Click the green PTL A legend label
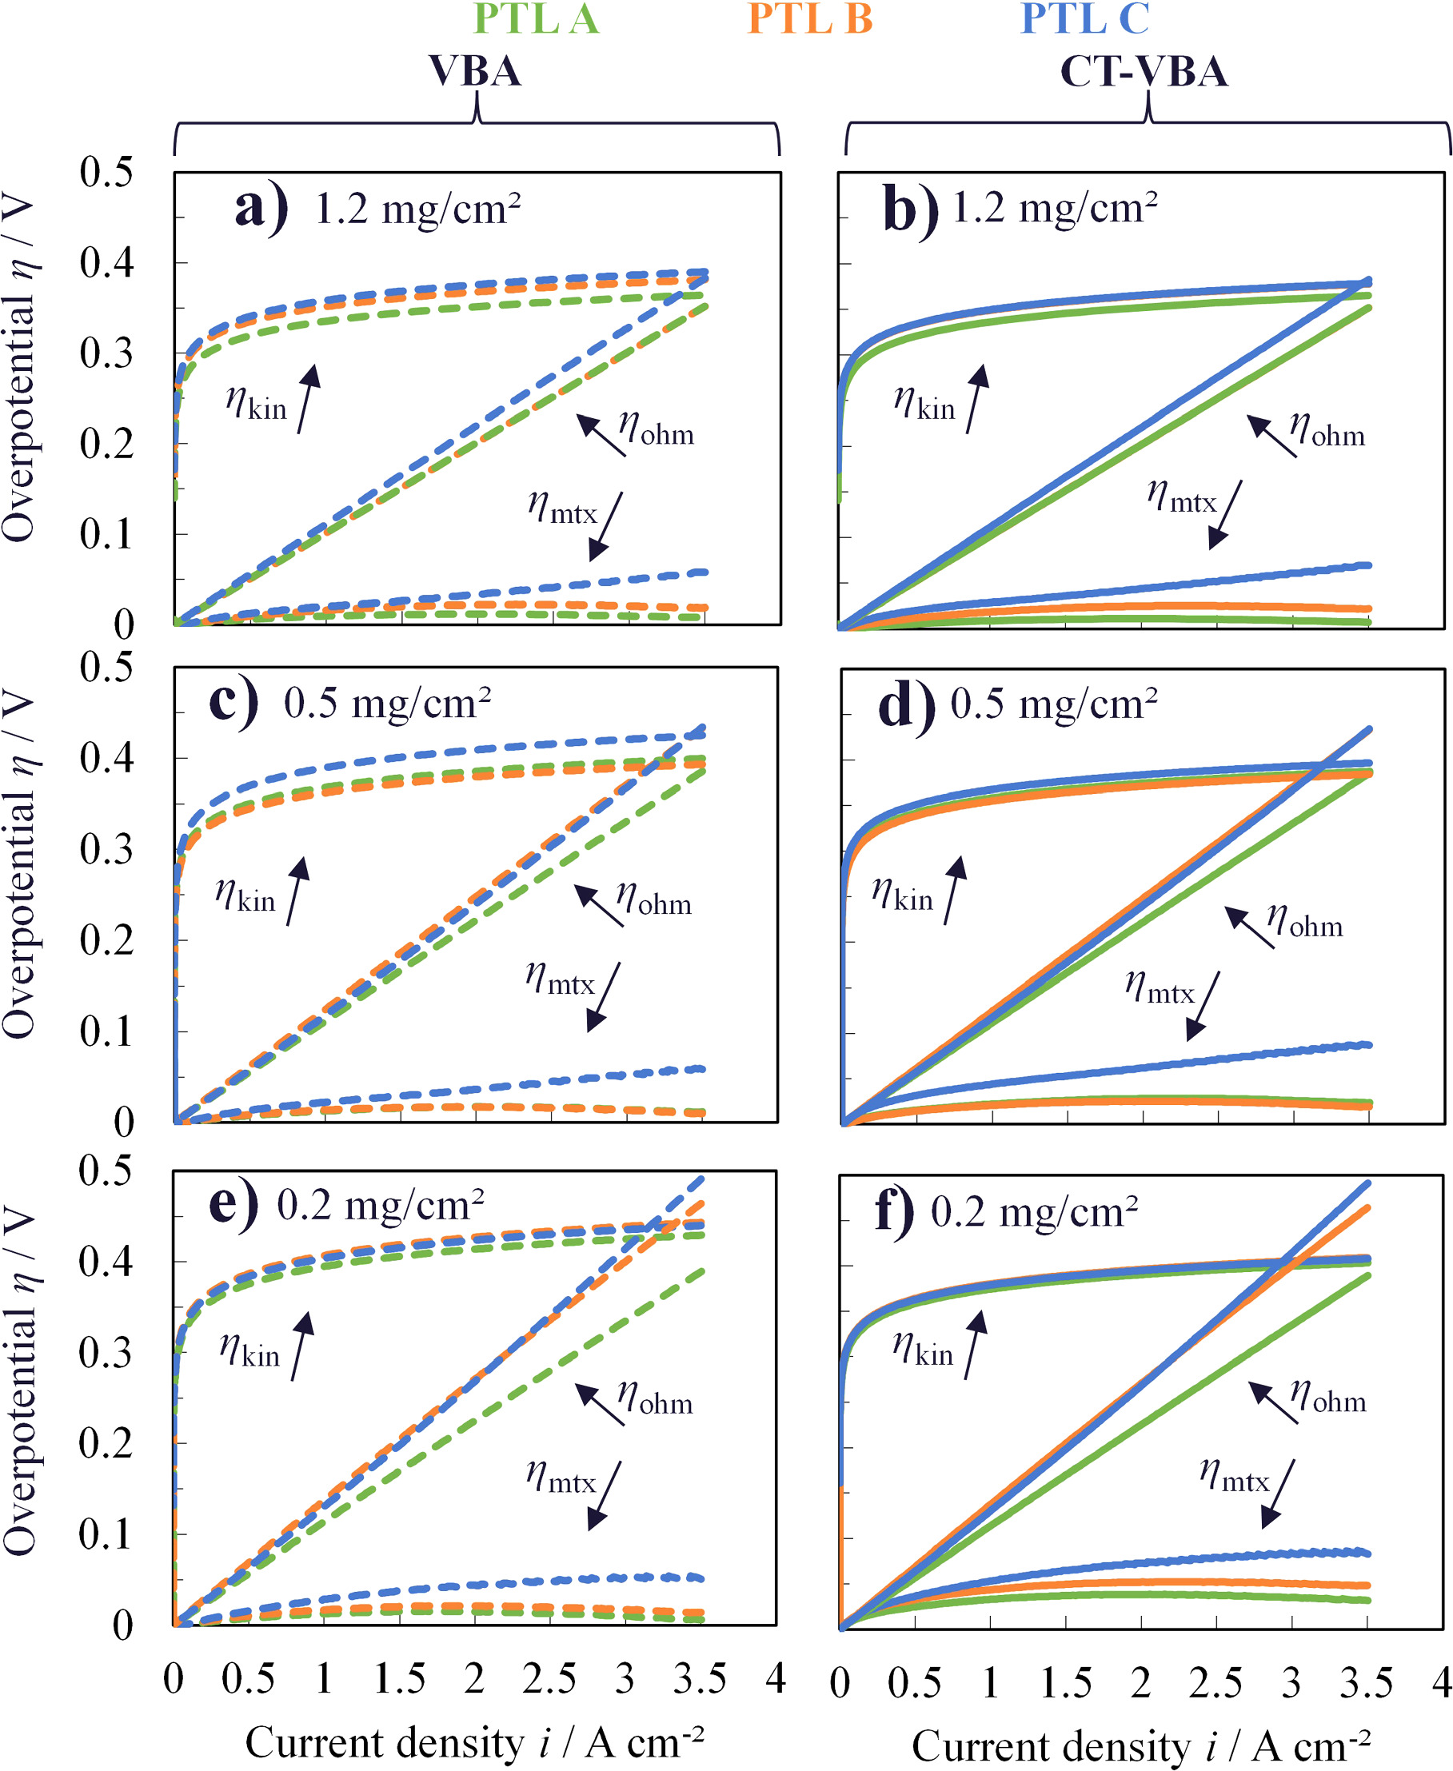point(537,18)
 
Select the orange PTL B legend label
point(809,18)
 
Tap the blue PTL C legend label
point(1084,18)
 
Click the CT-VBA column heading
point(1144,71)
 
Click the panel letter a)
point(261,208)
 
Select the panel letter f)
point(895,1211)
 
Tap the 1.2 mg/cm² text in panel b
point(1055,208)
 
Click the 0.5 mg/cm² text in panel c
point(387,703)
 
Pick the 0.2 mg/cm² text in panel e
point(380,1205)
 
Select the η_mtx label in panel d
point(1160,987)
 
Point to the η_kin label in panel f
point(922,1349)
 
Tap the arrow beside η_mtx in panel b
point(1225,514)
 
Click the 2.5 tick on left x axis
point(549,1678)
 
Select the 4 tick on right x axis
point(1439,1682)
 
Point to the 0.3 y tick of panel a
point(106,353)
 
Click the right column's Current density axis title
point(1141,1746)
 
